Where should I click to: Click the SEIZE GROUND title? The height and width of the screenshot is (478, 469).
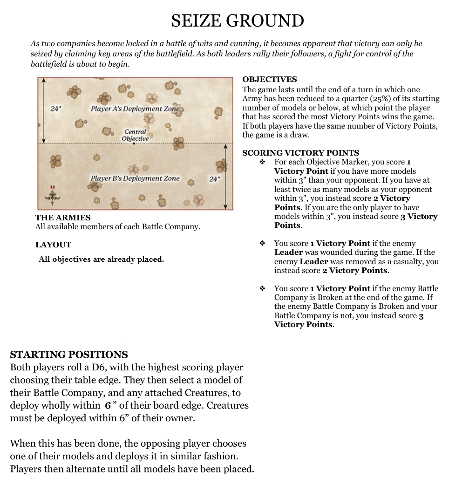(237, 20)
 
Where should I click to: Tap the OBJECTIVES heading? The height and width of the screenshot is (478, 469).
(269, 80)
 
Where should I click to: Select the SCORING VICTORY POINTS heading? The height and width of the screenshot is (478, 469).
(300, 153)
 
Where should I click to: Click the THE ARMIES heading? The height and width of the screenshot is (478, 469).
(63, 218)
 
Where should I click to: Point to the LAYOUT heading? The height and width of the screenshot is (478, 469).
(53, 245)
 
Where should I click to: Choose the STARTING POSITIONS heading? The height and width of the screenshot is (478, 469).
(69, 355)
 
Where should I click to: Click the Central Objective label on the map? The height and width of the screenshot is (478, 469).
(135, 135)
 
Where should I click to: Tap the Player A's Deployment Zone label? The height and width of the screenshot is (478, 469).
(135, 109)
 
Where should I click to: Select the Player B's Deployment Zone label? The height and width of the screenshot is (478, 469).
(135, 178)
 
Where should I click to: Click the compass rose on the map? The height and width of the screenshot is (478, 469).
(53, 196)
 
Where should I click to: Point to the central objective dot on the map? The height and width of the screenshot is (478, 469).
(134, 143)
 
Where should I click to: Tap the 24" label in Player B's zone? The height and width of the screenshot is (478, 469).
(214, 178)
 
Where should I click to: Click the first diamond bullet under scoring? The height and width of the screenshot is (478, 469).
(262, 162)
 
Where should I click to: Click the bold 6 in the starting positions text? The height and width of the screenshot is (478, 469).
(108, 405)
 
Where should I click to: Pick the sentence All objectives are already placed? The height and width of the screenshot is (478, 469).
(101, 259)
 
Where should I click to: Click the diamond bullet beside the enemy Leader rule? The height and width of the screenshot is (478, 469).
(262, 243)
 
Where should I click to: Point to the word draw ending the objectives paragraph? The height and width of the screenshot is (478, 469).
(300, 135)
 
